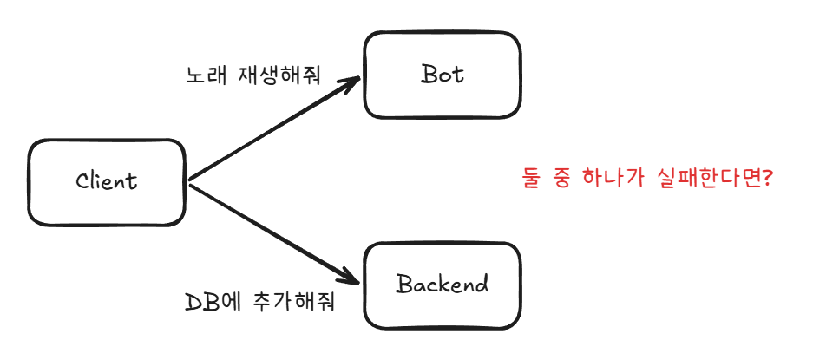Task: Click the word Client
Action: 107,181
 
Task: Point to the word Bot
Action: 443,75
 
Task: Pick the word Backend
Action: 443,284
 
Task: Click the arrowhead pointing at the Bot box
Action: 349,82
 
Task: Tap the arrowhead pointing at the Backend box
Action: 349,278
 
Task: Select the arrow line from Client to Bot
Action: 274,129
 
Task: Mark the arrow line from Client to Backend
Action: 274,232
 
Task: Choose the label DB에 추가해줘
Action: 259,303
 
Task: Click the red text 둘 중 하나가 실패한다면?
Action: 647,180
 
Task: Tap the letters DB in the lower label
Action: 198,303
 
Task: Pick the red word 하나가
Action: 613,180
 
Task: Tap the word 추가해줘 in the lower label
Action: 294,303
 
